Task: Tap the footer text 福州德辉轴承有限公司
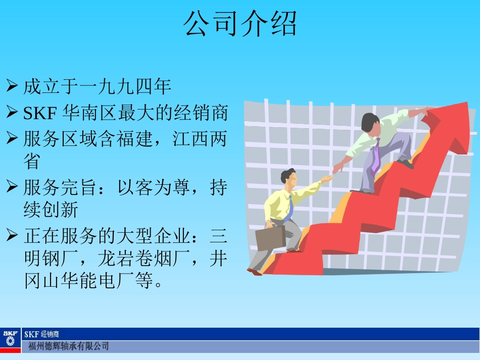[68, 346]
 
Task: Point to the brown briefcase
[270, 238]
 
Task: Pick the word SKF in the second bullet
[39, 113]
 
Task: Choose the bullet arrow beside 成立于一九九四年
[12, 86]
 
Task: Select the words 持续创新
[51, 210]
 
